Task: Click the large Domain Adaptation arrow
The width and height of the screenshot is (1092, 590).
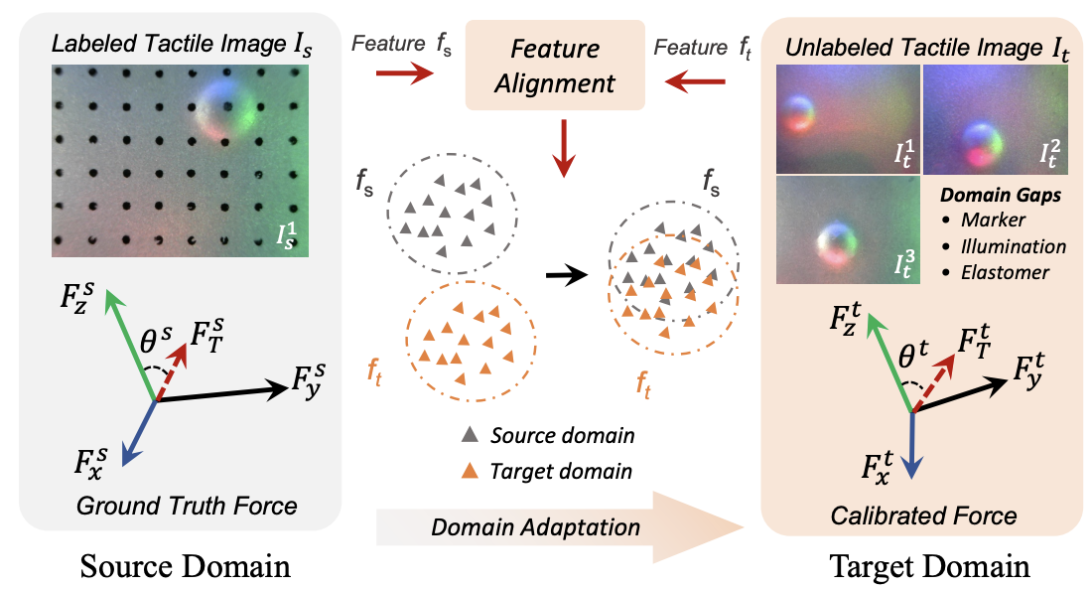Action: click(x=561, y=524)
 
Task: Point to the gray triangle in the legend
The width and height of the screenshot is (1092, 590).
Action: click(x=470, y=435)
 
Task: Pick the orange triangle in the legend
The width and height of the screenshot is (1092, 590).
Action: click(x=470, y=470)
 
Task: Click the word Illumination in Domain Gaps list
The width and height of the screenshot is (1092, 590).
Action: click(x=1017, y=245)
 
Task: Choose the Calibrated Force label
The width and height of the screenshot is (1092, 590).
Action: click(x=925, y=515)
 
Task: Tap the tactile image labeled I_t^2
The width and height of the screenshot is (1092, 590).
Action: click(x=994, y=117)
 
